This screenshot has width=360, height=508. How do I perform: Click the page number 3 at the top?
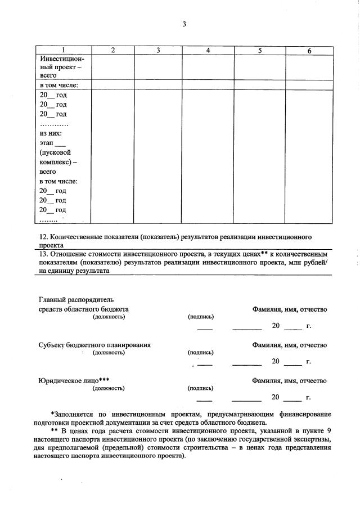pyautogui.click(x=184, y=24)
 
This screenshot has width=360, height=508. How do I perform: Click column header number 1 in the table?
pyautogui.click(x=63, y=51)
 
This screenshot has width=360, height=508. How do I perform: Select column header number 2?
pyautogui.click(x=112, y=51)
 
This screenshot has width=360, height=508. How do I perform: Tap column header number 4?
pyautogui.click(x=208, y=51)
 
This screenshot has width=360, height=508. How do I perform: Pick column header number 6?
pyautogui.click(x=309, y=51)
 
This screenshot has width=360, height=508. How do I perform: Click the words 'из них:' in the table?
pyautogui.click(x=51, y=133)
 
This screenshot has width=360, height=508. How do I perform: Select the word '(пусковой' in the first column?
pyautogui.click(x=55, y=152)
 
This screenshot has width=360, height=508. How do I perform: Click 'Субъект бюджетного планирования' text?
pyautogui.click(x=94, y=345)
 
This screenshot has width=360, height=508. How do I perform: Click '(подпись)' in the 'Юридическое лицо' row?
pyautogui.click(x=200, y=388)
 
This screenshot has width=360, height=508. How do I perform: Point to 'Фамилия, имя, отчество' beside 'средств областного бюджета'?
pyautogui.click(x=289, y=309)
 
